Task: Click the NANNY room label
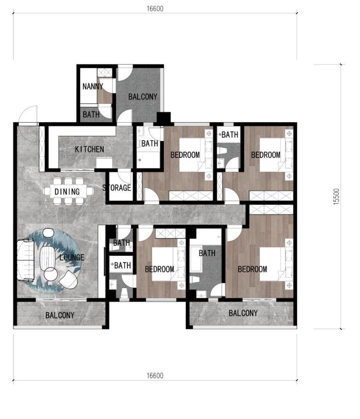click(93, 87)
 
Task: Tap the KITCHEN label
click(89, 149)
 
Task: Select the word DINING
click(67, 191)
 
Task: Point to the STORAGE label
click(117, 188)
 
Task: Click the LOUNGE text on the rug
click(72, 258)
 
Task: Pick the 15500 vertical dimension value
click(336, 197)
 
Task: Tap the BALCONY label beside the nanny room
click(143, 97)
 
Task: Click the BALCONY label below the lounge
click(60, 315)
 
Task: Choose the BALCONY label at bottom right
click(243, 313)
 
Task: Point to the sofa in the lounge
click(24, 261)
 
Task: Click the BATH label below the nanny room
click(91, 115)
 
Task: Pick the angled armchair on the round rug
click(68, 279)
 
